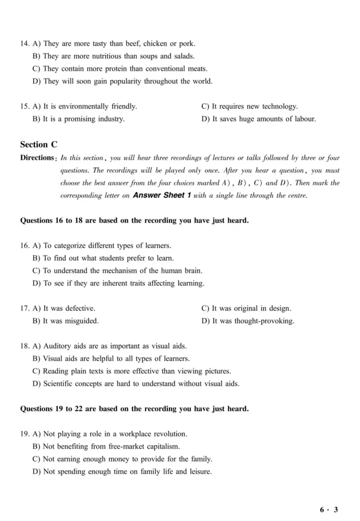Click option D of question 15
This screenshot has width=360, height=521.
click(258, 119)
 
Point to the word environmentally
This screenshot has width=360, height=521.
click(84, 107)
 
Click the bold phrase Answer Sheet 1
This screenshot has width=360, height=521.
click(159, 196)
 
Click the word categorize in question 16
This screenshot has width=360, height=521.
click(70, 246)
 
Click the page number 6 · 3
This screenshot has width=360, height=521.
click(329, 510)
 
